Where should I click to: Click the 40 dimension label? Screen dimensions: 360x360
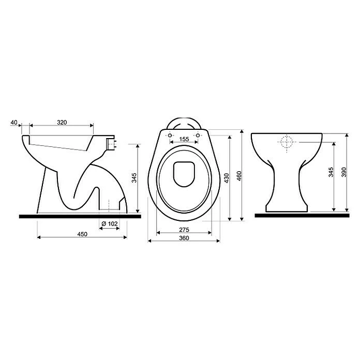click(14, 123)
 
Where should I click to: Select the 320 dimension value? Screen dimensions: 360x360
click(62, 123)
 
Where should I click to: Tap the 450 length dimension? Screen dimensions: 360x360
click(82, 234)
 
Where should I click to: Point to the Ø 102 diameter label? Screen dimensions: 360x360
click(108, 223)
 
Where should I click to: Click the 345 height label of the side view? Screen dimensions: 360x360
click(134, 178)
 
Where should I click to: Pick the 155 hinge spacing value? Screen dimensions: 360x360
click(184, 139)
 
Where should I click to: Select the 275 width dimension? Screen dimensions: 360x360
click(184, 229)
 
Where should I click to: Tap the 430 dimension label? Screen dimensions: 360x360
click(226, 175)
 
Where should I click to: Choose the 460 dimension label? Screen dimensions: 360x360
click(239, 175)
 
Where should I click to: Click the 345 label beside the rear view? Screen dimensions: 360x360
click(331, 175)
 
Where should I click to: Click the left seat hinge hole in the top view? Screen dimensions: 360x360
click(170, 136)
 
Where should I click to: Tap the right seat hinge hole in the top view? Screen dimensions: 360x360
click(198, 136)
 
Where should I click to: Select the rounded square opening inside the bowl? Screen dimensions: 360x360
click(184, 173)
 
